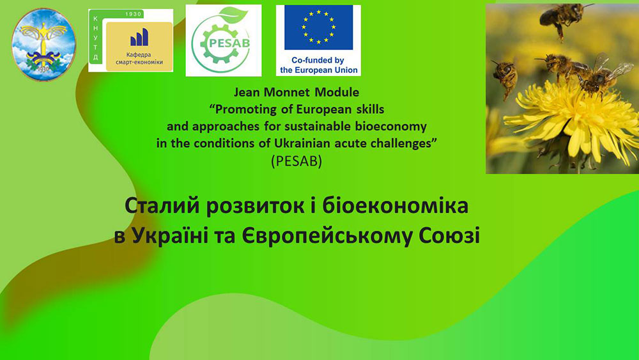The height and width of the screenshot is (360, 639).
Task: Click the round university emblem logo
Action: (x=43, y=44)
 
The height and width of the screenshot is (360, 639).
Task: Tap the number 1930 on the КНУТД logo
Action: (x=133, y=14)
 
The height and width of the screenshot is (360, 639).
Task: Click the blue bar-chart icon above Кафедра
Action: (x=139, y=37)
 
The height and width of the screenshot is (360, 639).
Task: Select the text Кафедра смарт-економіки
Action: (x=139, y=58)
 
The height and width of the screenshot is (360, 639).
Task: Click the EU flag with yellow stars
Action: (x=318, y=27)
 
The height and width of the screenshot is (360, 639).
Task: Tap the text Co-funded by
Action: (x=318, y=60)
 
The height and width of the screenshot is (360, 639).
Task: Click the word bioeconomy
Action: (x=390, y=127)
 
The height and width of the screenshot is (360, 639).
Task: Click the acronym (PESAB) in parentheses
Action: (x=296, y=161)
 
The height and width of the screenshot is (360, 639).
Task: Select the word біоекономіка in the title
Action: (x=395, y=207)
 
